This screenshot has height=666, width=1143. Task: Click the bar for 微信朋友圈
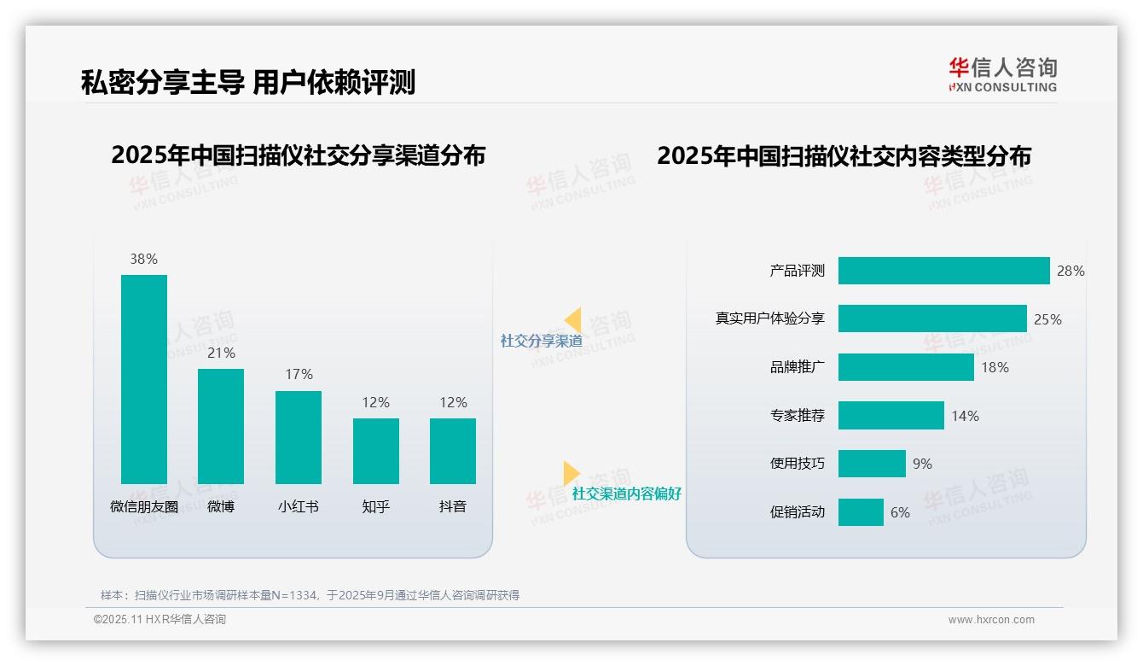(x=143, y=379)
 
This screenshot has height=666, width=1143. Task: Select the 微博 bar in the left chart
(x=221, y=426)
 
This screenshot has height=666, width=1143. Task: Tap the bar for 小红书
(x=299, y=437)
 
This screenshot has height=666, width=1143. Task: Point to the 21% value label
(x=221, y=353)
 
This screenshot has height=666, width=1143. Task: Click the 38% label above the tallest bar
(x=143, y=259)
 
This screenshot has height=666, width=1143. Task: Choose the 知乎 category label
(x=375, y=506)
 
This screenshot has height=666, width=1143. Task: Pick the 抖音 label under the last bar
(x=453, y=506)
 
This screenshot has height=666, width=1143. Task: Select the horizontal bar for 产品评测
(x=943, y=271)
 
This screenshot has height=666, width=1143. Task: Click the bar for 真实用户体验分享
(x=932, y=318)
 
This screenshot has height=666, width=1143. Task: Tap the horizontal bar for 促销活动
(x=861, y=512)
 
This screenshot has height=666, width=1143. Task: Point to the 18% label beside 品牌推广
(x=995, y=367)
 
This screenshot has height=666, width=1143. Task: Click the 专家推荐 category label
(x=797, y=416)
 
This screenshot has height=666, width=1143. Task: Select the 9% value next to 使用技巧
(x=922, y=464)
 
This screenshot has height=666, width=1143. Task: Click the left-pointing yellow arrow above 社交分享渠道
(x=572, y=320)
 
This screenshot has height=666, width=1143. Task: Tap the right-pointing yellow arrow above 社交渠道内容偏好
(x=571, y=473)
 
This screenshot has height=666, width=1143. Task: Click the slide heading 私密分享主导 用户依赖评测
(x=247, y=82)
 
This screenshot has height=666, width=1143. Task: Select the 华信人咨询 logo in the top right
(x=1002, y=74)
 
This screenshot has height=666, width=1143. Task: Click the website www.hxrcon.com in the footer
(x=990, y=620)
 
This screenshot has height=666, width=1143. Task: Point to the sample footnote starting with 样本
(x=310, y=595)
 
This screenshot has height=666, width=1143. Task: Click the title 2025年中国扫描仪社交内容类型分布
(x=844, y=155)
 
